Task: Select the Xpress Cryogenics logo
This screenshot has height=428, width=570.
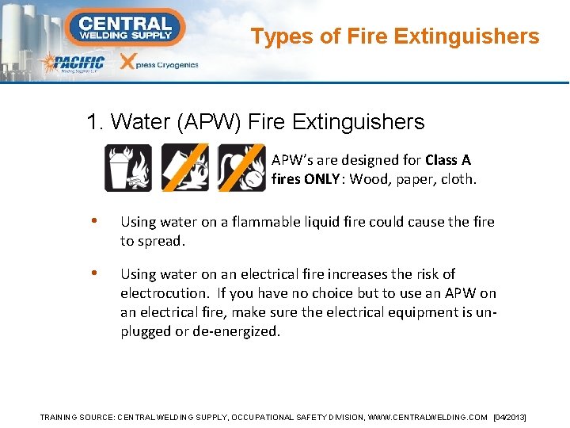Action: click(x=158, y=64)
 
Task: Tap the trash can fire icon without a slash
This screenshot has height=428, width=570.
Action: click(x=129, y=167)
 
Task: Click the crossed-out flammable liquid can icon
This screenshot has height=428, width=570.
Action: click(x=185, y=167)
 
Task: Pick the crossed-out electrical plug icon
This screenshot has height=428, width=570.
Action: click(x=241, y=167)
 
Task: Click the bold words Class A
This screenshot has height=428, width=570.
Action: click(x=448, y=160)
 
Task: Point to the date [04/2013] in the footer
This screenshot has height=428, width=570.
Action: click(x=510, y=417)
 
